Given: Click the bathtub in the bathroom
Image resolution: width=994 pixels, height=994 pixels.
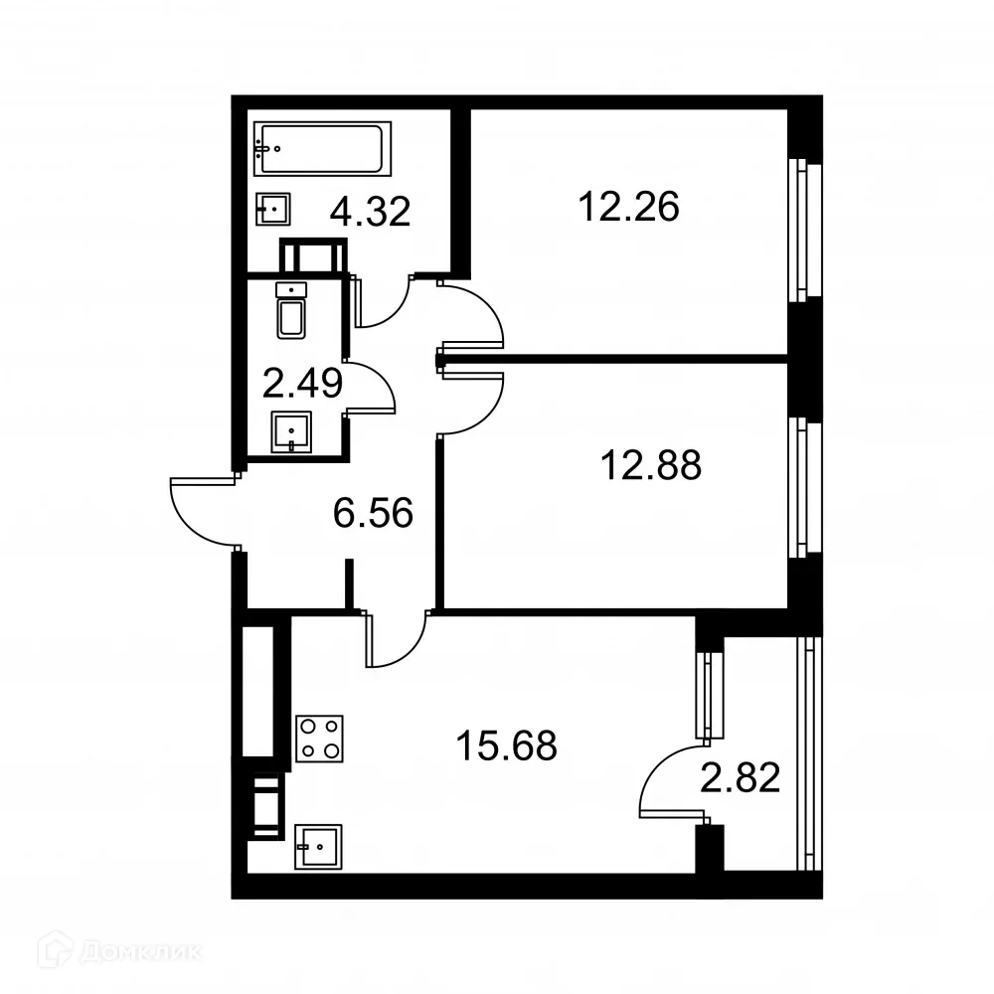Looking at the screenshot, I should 322,148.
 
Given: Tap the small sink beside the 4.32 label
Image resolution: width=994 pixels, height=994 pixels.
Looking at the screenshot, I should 273,208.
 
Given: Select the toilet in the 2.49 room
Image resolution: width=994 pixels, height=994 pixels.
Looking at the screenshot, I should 291,310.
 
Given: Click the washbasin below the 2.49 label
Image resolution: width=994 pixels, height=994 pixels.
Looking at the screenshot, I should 290,431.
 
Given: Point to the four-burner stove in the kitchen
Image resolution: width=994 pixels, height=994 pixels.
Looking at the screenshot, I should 319,739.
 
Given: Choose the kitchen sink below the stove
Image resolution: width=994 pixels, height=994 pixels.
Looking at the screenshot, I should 319,846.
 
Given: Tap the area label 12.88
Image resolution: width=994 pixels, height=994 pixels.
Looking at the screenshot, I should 651,464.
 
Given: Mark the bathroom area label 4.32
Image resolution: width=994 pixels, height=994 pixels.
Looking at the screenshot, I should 371,212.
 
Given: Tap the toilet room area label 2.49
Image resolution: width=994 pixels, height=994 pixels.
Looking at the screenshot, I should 302,382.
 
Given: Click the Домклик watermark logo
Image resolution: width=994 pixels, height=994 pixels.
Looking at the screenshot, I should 110,951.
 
